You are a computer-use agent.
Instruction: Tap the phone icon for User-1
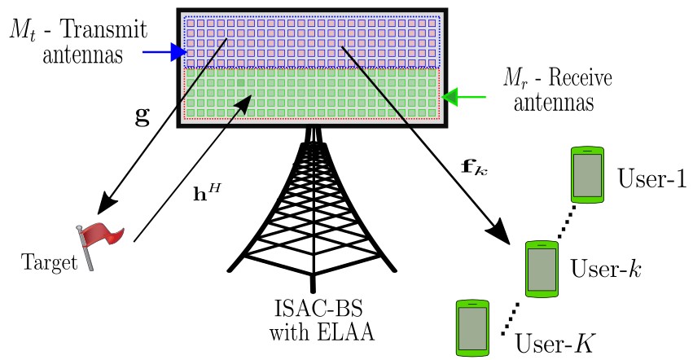click(x=586, y=173)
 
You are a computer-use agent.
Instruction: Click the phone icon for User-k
click(x=540, y=268)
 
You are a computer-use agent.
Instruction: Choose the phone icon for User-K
click(x=473, y=327)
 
